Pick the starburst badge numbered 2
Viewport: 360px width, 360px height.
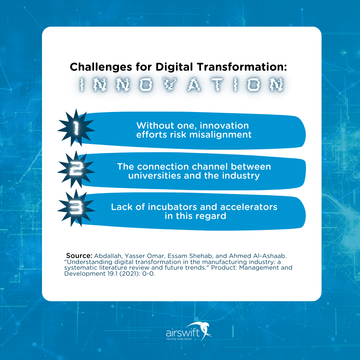pyautogui.click(x=76, y=169)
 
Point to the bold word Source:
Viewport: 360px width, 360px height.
pyautogui.click(x=79, y=256)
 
